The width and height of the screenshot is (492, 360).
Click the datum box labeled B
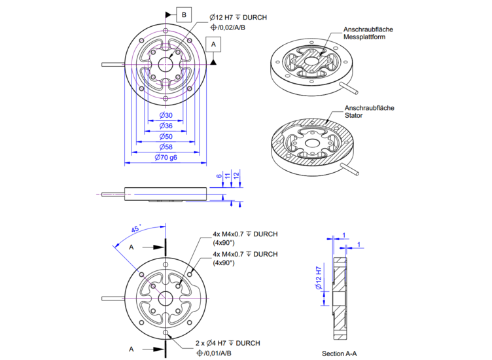[x=184, y=14]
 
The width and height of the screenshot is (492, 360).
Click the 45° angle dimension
[x=135, y=229]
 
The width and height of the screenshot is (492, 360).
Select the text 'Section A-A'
[x=340, y=353]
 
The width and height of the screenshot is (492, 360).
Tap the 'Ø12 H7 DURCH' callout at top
[x=238, y=17]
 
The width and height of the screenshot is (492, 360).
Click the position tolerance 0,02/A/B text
[x=234, y=27]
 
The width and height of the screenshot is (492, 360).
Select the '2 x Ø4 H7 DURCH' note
[x=228, y=343]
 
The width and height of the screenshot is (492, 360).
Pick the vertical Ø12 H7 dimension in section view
[x=318, y=278]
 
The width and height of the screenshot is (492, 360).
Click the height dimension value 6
[x=219, y=177]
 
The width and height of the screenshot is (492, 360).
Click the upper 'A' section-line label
[x=131, y=247]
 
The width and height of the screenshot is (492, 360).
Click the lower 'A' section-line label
[x=131, y=349]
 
